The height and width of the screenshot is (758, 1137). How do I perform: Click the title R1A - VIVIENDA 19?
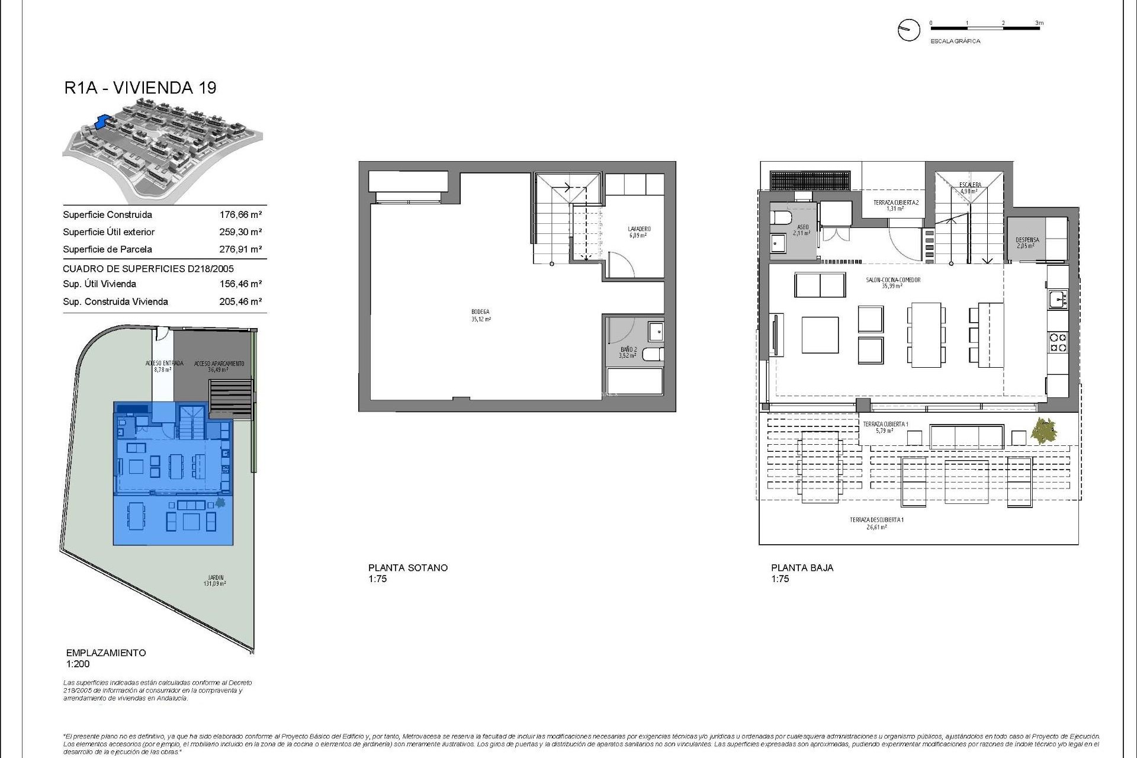(x=140, y=88)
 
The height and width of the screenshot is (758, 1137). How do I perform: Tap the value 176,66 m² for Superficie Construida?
(x=240, y=215)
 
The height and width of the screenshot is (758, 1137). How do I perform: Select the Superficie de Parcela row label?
(x=107, y=249)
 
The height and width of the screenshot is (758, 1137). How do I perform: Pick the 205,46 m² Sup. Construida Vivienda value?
(x=240, y=301)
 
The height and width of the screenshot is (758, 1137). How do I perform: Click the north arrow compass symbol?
(x=908, y=30)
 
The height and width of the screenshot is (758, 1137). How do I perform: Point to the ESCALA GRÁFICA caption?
(x=955, y=41)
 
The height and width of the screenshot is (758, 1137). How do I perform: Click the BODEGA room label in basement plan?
(x=480, y=312)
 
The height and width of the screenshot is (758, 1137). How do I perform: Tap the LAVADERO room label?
(x=639, y=229)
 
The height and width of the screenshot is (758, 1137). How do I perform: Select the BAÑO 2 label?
(x=628, y=350)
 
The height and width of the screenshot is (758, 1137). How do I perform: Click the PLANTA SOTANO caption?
(x=407, y=567)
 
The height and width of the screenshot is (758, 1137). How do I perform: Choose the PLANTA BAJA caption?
(x=802, y=567)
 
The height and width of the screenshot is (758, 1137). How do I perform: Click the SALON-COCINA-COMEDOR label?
(x=892, y=280)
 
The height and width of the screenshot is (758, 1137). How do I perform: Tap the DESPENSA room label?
(x=1027, y=240)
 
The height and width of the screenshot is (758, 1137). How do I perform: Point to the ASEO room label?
(x=802, y=227)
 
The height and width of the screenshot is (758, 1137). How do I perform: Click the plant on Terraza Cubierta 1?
(x=1043, y=431)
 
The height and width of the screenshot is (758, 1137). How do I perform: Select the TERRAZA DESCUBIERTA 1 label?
(x=876, y=520)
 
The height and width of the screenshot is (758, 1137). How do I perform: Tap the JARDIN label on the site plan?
(x=215, y=578)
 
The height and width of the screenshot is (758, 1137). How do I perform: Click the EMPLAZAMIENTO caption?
(x=106, y=653)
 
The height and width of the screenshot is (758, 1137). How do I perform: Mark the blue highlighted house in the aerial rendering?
(x=104, y=121)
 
